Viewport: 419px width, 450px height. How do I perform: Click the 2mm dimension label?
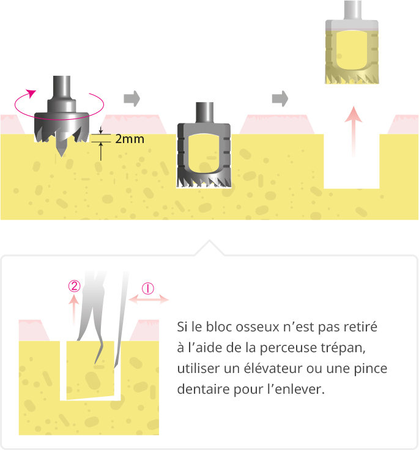130,139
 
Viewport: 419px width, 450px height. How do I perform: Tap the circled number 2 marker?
74,286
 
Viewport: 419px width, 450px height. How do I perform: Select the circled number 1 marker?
148,289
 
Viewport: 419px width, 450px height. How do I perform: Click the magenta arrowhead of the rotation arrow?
31,93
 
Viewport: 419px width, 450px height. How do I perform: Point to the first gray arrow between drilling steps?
132,98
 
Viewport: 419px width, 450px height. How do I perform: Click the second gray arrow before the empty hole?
280,98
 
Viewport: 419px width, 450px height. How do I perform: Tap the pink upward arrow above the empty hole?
353,131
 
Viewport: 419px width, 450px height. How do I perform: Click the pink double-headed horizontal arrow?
149,300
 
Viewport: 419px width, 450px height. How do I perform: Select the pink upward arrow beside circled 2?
74,310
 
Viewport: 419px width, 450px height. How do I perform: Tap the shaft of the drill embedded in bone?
204,112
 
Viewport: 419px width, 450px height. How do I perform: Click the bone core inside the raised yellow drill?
352,50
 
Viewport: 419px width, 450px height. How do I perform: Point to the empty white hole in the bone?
352,161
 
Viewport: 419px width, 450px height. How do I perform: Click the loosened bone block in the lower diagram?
90,371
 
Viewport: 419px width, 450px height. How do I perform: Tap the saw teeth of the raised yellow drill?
352,78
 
